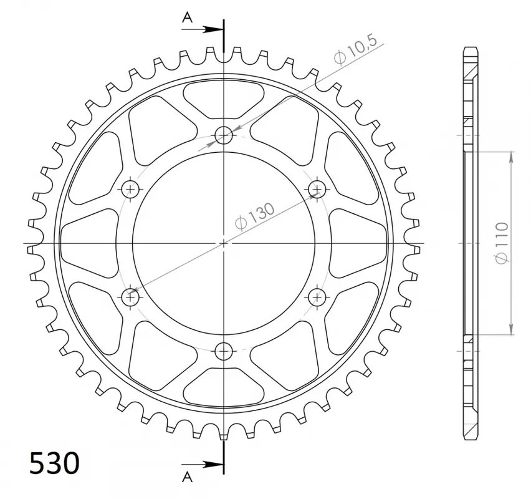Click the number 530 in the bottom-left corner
[x=54, y=463]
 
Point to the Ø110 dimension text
[x=502, y=243]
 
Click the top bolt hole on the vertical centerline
[x=224, y=135]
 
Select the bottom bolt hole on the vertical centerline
[x=224, y=350]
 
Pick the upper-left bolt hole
[x=130, y=189]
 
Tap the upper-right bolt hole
[x=317, y=189]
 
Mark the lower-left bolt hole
[x=130, y=296]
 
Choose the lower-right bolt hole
[x=317, y=296]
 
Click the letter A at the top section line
[x=187, y=17]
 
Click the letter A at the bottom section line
[x=187, y=477]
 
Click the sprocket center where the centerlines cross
[x=224, y=243]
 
